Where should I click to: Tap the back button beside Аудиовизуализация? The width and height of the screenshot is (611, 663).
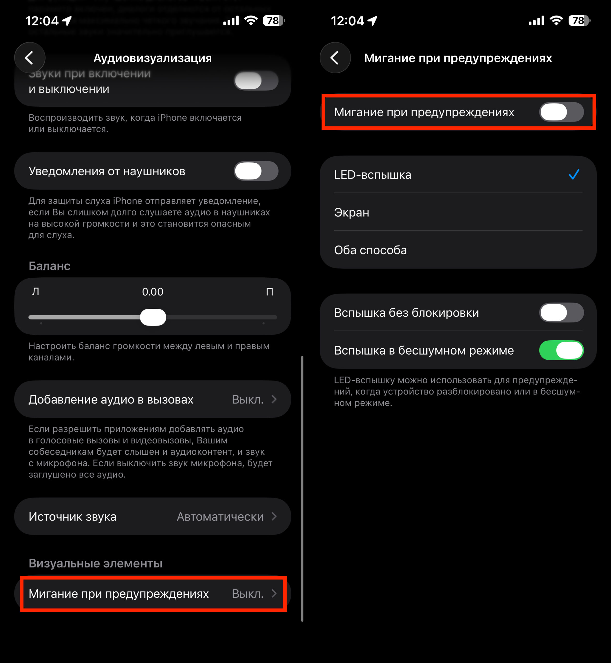[30, 58]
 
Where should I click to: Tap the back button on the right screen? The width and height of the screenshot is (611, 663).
[335, 58]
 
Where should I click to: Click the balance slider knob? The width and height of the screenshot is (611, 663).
[153, 317]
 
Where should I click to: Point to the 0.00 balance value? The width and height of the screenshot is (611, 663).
[152, 292]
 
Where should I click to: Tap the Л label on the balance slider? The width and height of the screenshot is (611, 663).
[35, 292]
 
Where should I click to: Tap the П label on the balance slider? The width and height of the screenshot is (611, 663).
[270, 292]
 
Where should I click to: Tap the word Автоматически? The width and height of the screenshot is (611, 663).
[220, 516]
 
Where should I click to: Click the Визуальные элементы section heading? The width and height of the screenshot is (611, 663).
[95, 563]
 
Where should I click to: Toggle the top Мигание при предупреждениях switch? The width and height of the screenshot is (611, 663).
[561, 112]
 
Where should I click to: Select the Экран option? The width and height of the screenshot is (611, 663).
[352, 212]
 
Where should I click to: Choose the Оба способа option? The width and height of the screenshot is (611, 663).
[370, 250]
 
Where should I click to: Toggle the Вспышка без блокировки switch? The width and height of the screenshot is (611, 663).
[561, 313]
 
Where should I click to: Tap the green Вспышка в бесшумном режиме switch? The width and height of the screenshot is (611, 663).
[561, 350]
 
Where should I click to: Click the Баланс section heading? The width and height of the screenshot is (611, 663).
[50, 266]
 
